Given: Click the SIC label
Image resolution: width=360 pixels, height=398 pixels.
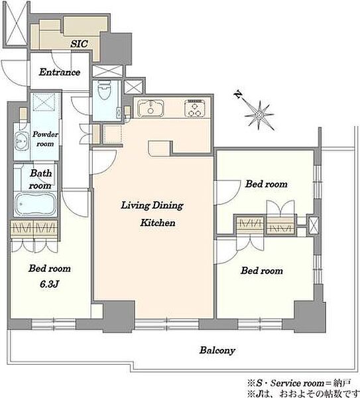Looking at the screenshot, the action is pos(79,44).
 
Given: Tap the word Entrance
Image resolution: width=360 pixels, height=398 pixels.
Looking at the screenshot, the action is pos(60,72).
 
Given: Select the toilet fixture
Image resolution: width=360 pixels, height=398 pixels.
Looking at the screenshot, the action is pos(104,90).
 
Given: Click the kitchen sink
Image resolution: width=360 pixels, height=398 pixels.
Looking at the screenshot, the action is pos(150,108).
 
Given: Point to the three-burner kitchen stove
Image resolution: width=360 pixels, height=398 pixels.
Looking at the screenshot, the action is pos(195,108).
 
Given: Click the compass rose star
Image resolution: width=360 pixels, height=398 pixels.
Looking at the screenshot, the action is pos(259,115).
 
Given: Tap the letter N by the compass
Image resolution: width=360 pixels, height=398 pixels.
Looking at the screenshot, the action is pos(238,95).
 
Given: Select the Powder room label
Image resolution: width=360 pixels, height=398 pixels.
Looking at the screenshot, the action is pos(45,139).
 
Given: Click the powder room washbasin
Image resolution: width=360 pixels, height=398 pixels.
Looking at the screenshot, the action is pos(21,141).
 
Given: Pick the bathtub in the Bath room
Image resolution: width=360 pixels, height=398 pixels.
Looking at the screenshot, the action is pos(35,204).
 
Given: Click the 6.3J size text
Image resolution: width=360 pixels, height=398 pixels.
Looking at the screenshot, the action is pos(49,284).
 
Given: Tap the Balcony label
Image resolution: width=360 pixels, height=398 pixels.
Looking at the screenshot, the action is pos(217,350).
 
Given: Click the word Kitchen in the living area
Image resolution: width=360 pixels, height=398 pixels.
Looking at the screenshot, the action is pos(158,223).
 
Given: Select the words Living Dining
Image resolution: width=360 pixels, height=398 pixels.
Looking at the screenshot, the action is pos(152,206).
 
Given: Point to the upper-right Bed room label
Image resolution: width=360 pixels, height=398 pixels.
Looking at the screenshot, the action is pos(266,184).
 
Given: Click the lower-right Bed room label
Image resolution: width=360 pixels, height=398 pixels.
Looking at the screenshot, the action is pos(262,271).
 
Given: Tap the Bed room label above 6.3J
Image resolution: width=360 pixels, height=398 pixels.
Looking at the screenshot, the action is pos(50,268).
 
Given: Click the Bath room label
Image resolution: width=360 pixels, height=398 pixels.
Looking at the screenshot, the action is pos(40,179).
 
